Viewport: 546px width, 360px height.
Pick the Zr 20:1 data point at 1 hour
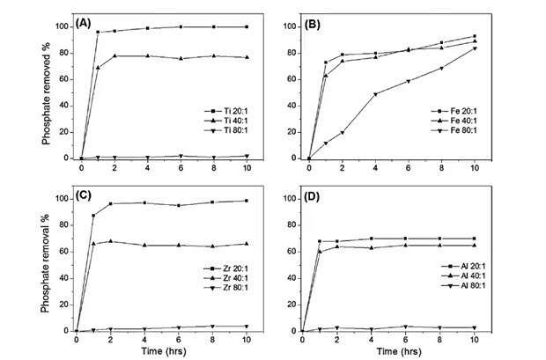tap(93, 216)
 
